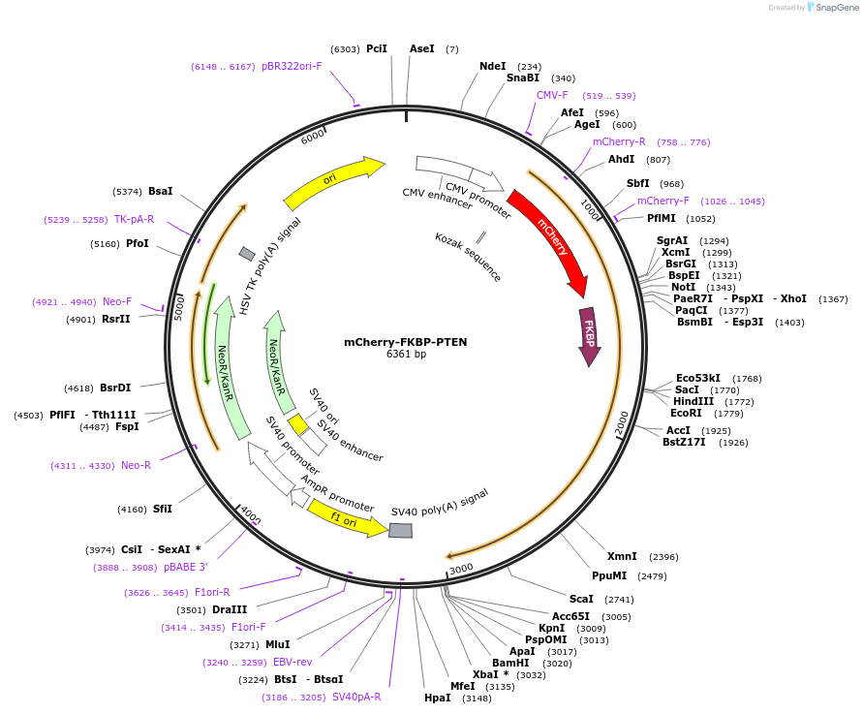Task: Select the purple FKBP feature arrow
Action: tap(588, 334)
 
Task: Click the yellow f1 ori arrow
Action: tap(346, 517)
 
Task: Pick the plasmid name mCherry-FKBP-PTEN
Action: tap(406, 342)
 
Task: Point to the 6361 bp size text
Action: tap(406, 355)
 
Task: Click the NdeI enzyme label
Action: tap(492, 66)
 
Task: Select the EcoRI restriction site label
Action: tap(686, 413)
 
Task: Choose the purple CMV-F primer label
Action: tap(552, 95)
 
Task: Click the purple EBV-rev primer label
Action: tap(293, 662)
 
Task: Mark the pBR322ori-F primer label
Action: tap(292, 66)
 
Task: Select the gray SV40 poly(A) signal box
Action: tap(400, 530)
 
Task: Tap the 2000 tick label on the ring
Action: tap(622, 422)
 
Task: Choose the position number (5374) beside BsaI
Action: tap(127, 191)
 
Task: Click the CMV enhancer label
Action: tap(437, 199)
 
